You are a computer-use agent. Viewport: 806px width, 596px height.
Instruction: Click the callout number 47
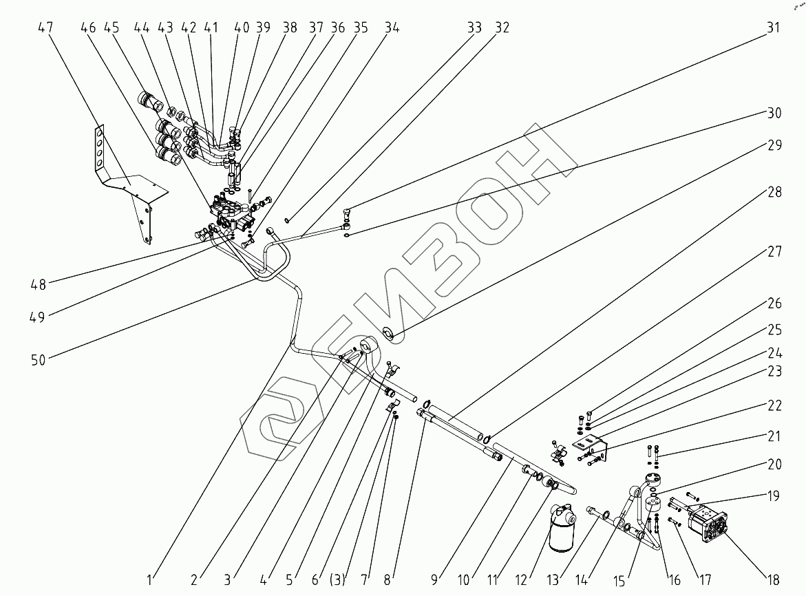[x=45, y=28]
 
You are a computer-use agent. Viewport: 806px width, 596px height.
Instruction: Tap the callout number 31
[x=774, y=28]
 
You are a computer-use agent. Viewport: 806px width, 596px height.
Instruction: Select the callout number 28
[x=774, y=192]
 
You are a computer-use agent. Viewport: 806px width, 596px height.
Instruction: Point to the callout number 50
[x=39, y=359]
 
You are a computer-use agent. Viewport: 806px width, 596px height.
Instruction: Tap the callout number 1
[x=153, y=579]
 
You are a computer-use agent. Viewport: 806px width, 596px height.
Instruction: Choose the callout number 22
[x=774, y=406]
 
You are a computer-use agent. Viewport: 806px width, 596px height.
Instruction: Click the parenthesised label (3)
[x=337, y=579]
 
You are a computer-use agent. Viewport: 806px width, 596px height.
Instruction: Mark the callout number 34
[x=392, y=28]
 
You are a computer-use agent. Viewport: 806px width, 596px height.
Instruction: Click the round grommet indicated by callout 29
[x=389, y=334]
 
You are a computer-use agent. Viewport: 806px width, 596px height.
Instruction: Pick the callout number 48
[x=39, y=283]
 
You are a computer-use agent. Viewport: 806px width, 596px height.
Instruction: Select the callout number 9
[x=434, y=579]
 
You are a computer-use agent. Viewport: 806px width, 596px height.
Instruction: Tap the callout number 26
[x=774, y=303]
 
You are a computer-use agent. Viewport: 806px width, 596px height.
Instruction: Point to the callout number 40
[x=242, y=28]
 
